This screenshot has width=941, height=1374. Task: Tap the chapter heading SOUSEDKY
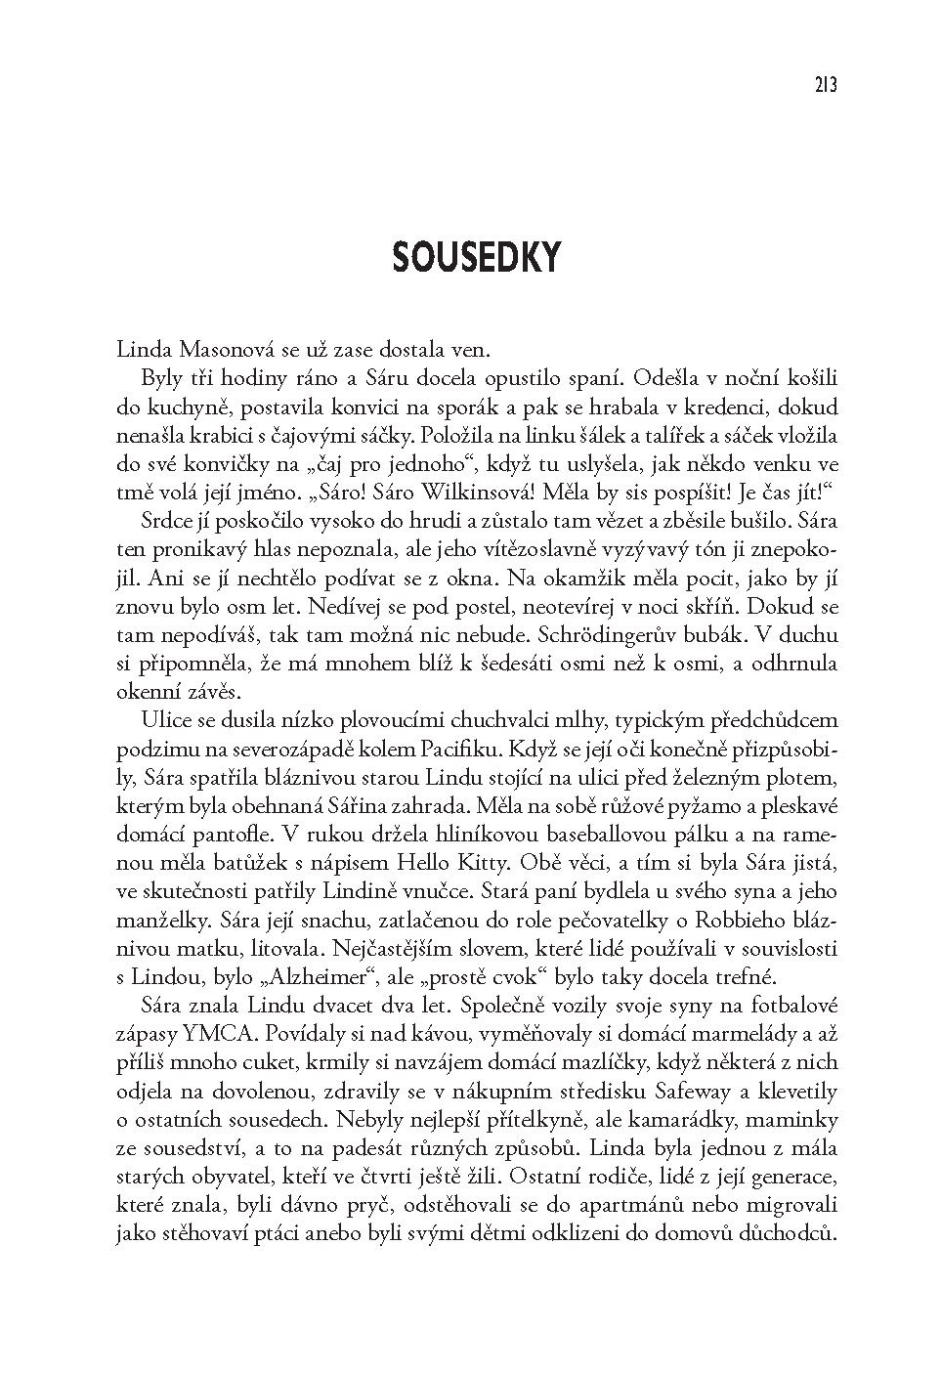(x=476, y=256)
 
